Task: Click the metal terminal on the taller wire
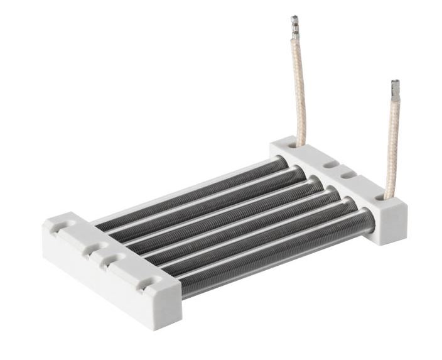(x=294, y=28)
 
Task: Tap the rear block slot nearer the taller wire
(x=329, y=164)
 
